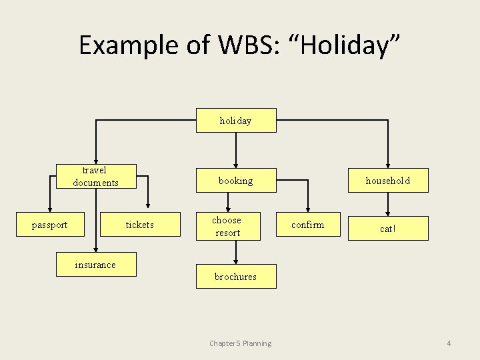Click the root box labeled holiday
click(x=235, y=121)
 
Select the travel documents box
click(x=96, y=177)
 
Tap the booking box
click(x=235, y=181)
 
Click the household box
click(x=388, y=181)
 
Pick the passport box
click(x=50, y=225)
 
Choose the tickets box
click(x=140, y=225)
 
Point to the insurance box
click(x=95, y=265)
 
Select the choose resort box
click(x=227, y=226)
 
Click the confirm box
click(x=308, y=225)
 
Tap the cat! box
click(x=388, y=229)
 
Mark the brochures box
click(x=235, y=276)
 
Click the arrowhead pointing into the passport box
click(x=48, y=207)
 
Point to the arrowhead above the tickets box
click(x=148, y=207)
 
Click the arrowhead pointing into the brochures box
click(x=236, y=260)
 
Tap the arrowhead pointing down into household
click(x=388, y=164)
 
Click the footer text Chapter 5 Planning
click(x=240, y=343)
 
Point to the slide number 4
click(x=449, y=343)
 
